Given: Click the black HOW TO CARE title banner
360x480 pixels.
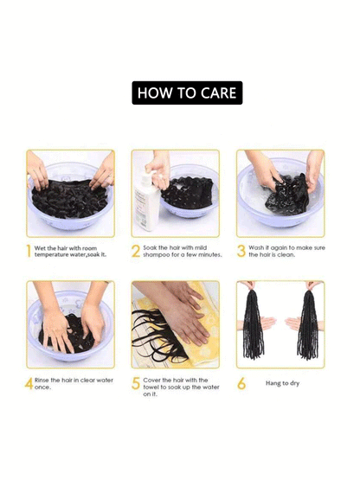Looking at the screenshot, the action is pos(187,93).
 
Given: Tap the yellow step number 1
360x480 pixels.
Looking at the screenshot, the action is pos(29,251).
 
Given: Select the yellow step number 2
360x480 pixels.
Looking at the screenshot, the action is pos(136,251).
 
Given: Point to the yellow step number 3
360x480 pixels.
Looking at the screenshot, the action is pos(241,251).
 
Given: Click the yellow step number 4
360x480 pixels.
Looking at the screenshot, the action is pos(29,384).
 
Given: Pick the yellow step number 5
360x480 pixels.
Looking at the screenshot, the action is pos(136,384).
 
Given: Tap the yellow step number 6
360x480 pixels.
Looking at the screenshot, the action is pos(241,384).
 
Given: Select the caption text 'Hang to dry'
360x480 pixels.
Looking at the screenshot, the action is pos(282,383).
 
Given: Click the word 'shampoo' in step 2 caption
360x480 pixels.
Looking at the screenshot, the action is pos(157,254).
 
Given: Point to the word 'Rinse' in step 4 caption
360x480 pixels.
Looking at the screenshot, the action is pos(42,381).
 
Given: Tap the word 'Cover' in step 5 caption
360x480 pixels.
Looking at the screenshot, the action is pos(151,381).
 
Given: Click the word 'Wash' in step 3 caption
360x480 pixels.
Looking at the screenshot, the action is pos(256,247).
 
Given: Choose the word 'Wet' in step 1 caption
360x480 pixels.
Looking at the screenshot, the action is pos(40,248).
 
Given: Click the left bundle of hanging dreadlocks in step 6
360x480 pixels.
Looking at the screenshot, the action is pos(253,324).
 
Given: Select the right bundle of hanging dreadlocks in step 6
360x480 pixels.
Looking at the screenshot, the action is pos(308,324).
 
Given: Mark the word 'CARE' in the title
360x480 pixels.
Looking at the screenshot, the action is pos(218,93).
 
